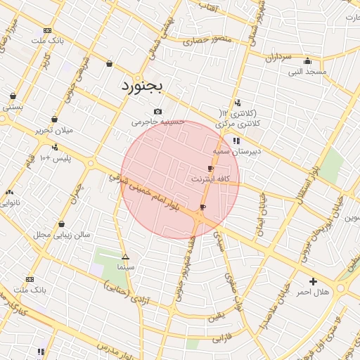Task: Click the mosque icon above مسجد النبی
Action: (307, 60)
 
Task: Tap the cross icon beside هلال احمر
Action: (314, 281)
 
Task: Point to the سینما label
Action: (126, 269)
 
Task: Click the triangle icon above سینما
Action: (125, 257)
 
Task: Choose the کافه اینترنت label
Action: (210, 179)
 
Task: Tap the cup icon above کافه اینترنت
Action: (210, 169)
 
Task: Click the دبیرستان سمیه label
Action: (238, 151)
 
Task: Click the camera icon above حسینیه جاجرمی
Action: (157, 111)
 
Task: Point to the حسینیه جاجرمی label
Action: (158, 122)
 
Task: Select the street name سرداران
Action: (278, 56)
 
